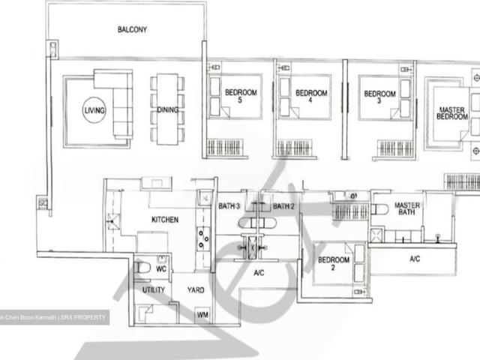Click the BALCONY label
(132, 30)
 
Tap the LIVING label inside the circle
(94, 110)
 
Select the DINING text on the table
(168, 110)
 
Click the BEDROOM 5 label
(241, 97)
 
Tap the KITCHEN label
(165, 220)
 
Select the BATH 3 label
(229, 206)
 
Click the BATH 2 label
(283, 206)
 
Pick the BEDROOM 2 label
(334, 265)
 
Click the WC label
(160, 268)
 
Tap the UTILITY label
(154, 289)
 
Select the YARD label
(195, 289)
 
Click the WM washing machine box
(202, 316)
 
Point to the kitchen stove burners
(202, 237)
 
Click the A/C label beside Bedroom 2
(415, 259)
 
